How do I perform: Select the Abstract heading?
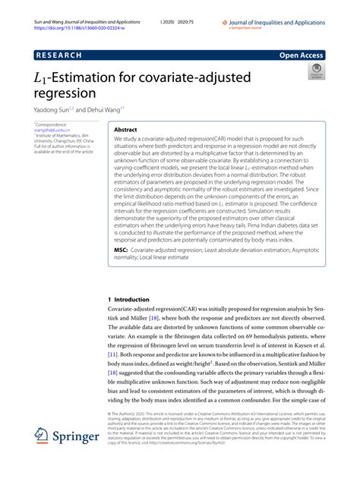coord(126,130)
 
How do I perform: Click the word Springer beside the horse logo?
coord(79,438)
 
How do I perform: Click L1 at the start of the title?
coord(40,79)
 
